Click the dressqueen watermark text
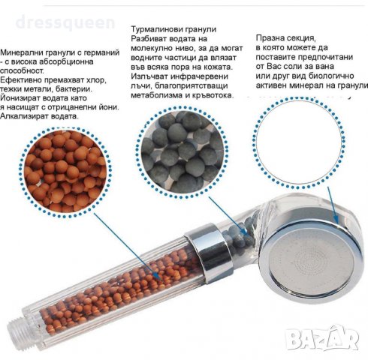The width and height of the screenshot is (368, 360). [65, 23]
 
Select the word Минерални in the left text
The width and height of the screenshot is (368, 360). [22, 52]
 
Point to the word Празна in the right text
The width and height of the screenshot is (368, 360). [270, 38]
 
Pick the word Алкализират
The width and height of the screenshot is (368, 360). [24, 116]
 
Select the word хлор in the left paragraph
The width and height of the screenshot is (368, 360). [96, 80]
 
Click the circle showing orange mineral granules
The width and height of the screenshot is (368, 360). [66, 172]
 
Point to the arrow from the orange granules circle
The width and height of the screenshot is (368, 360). [127, 247]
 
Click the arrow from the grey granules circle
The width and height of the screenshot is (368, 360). [228, 216]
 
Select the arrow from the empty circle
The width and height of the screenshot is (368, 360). [333, 205]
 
